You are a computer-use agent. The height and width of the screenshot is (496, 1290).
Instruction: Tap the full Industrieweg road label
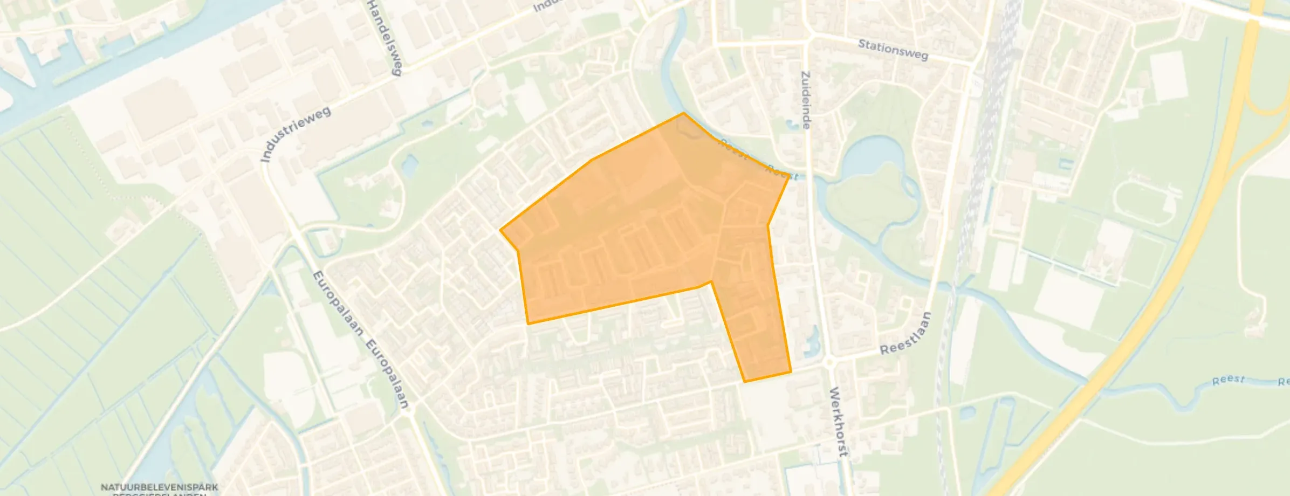click(295, 134)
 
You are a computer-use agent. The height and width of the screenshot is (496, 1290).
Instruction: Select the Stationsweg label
click(893, 50)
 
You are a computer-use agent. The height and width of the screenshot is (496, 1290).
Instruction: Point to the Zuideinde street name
click(806, 100)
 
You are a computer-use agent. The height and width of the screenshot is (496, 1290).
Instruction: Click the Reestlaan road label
click(905, 334)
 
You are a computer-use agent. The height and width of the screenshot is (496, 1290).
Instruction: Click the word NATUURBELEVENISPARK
click(160, 487)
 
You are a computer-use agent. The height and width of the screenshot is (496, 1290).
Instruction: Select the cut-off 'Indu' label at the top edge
click(546, 6)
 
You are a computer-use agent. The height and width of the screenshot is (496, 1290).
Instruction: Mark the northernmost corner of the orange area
click(684, 113)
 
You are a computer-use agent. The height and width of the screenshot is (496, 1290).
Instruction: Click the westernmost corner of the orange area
click(500, 230)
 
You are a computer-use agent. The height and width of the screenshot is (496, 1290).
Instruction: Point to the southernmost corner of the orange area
click(745, 382)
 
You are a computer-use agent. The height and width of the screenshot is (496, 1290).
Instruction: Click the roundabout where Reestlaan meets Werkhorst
click(829, 363)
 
